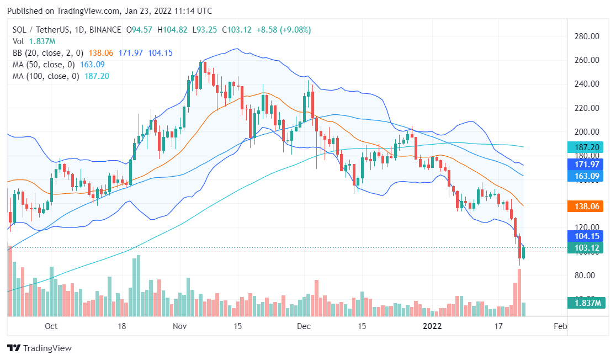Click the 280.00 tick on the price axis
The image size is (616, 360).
pyautogui.click(x=587, y=36)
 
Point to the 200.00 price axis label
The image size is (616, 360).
pyautogui.click(x=587, y=132)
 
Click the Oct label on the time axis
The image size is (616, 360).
pyautogui.click(x=51, y=326)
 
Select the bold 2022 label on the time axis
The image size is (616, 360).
pyautogui.click(x=432, y=326)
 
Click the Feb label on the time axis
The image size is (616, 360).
pyautogui.click(x=560, y=326)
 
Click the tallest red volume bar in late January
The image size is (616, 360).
pyautogui.click(x=519, y=293)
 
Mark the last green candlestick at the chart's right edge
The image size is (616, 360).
pyautogui.click(x=523, y=253)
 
